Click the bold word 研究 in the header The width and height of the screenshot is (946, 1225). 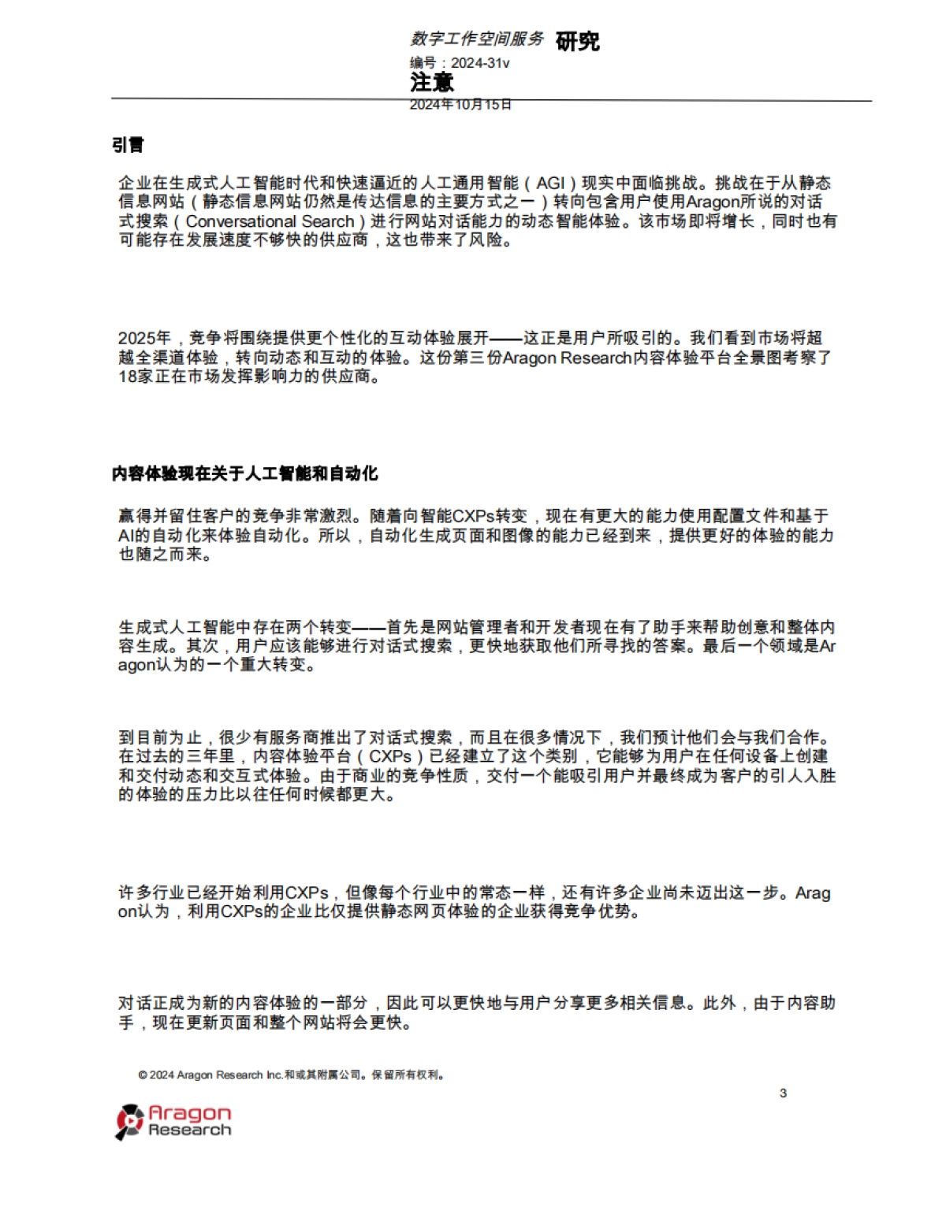578,41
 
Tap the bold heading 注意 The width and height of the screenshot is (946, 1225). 432,82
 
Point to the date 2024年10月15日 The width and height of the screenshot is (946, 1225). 460,104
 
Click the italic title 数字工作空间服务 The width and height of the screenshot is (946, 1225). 477,39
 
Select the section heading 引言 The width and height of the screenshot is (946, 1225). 128,145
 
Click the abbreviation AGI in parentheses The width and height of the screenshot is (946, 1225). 550,184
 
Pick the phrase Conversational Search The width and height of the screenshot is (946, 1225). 270,221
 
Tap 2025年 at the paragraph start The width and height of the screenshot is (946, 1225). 144,338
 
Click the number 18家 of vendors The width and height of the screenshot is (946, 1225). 133,376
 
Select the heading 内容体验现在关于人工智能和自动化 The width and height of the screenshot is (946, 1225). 244,473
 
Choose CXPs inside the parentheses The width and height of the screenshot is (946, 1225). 390,756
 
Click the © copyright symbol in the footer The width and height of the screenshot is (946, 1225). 143,1075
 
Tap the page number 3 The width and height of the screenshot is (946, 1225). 783,1093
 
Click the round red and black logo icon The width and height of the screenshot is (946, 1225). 129,1122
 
